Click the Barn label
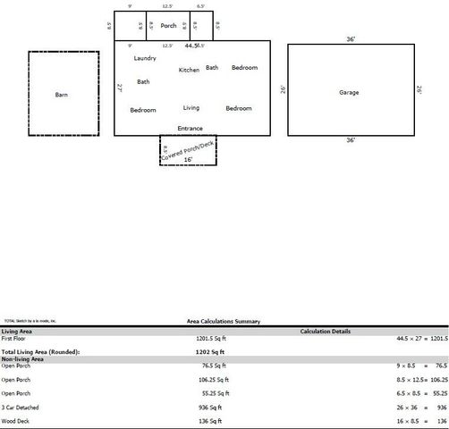tap(62, 94)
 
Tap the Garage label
tap(349, 92)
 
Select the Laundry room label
tap(145, 58)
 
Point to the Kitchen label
tap(189, 70)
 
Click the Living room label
tap(191, 107)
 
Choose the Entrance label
tap(190, 128)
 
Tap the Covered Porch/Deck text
tap(187, 148)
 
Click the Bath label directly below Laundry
tap(143, 81)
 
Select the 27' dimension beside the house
tap(120, 88)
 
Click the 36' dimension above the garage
tap(351, 39)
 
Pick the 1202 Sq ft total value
tap(212, 352)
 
